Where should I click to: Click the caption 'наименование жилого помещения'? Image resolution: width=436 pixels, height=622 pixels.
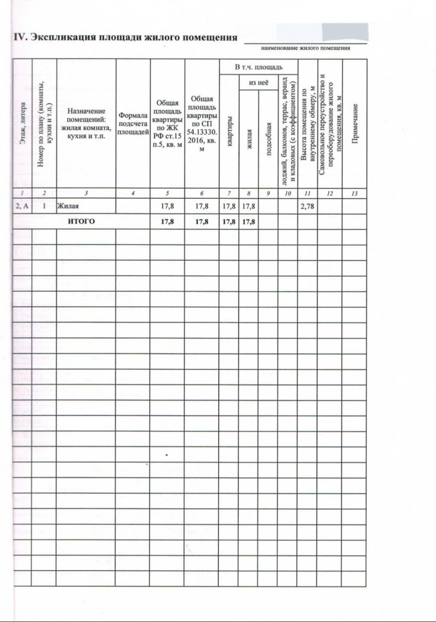click(306, 48)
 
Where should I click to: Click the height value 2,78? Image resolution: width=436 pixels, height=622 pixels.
click(307, 207)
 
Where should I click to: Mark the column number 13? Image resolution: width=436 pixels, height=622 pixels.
click(354, 193)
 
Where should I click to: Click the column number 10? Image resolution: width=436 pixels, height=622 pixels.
click(287, 193)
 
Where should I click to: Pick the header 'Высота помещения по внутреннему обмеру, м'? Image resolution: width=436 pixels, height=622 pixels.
click(307, 126)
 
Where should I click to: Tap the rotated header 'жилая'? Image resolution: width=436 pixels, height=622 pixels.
click(248, 138)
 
